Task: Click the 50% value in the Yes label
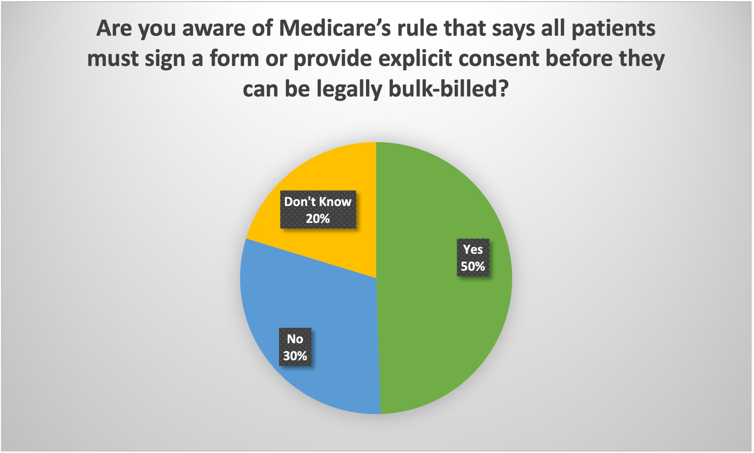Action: click(473, 266)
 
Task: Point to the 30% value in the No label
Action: click(295, 356)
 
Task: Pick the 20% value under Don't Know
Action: click(318, 219)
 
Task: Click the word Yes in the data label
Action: click(473, 249)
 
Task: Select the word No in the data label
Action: click(295, 339)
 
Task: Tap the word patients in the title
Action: click(614, 28)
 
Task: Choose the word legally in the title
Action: click(350, 89)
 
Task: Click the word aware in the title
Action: click(214, 28)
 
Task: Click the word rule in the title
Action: click(417, 28)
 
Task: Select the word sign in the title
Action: click(165, 59)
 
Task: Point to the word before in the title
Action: click(579, 59)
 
